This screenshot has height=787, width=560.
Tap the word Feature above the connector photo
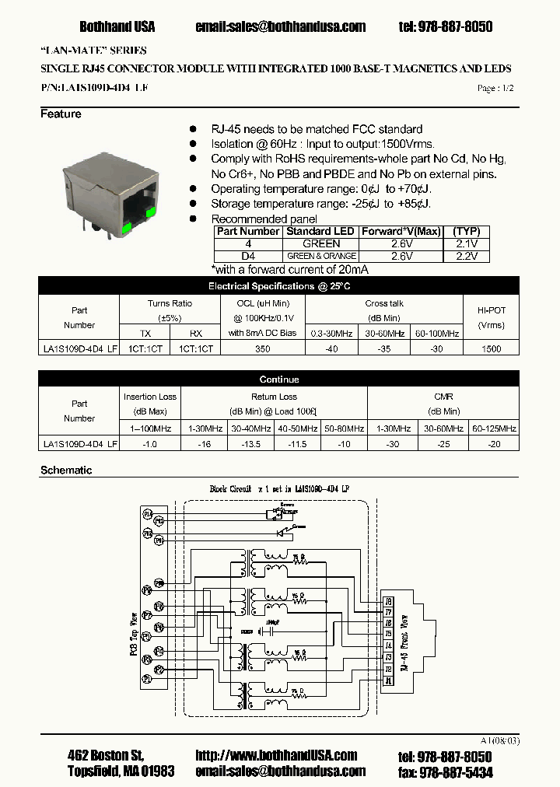pos(61,114)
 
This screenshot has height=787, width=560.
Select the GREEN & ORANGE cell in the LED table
pos(321,256)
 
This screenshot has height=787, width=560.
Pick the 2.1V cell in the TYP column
pos(467,243)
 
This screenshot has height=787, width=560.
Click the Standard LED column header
pos(320,231)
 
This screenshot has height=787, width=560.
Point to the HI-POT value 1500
pos(491,349)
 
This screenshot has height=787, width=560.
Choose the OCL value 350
pos(263,349)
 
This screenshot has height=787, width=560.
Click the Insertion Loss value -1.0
pos(151,444)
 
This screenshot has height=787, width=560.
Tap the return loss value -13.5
pos(249,444)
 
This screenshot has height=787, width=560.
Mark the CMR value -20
pos(494,444)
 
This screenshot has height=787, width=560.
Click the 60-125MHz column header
pos(494,428)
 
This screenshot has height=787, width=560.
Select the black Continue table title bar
pos(278,380)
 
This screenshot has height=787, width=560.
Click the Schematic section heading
pos(66,470)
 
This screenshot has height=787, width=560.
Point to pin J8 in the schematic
pos(389,600)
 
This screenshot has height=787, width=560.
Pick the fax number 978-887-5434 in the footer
pos(456,772)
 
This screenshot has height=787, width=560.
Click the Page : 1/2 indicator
pos(495,89)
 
